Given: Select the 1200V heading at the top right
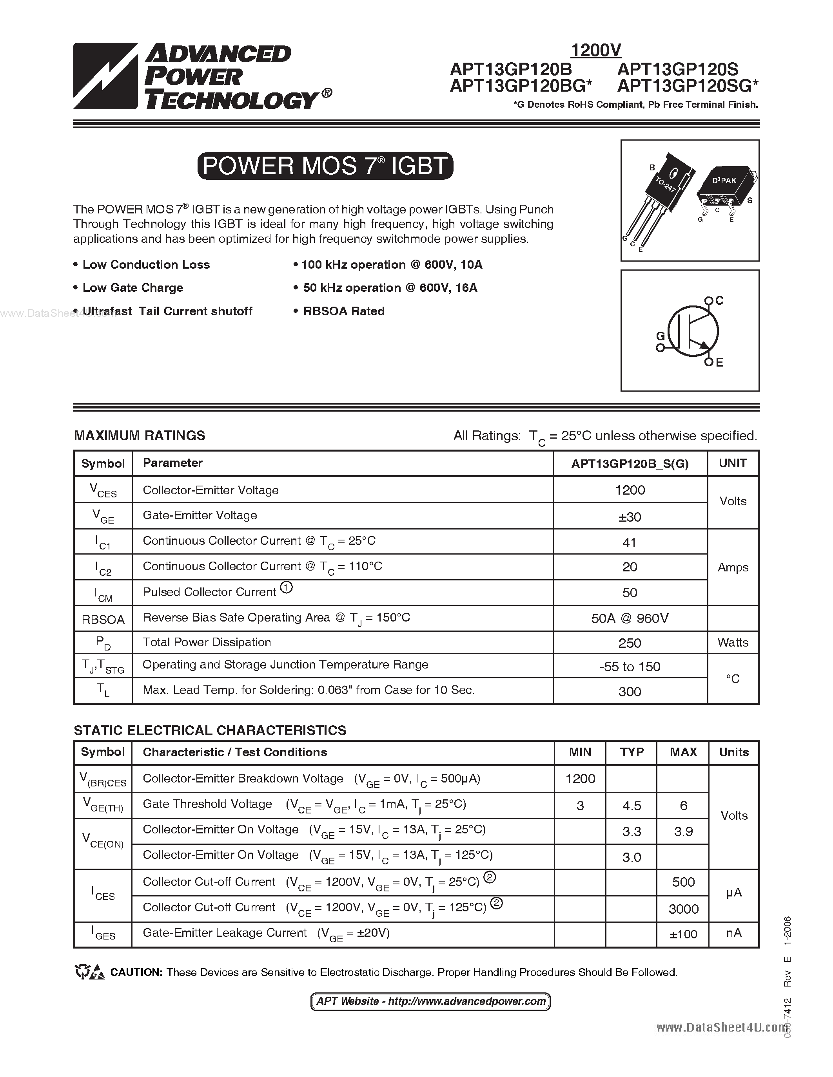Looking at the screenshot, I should (x=595, y=50).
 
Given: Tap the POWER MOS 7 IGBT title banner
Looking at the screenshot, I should (x=325, y=166).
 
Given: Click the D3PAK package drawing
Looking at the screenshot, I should (x=726, y=190).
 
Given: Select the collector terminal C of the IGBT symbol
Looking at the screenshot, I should (x=709, y=300).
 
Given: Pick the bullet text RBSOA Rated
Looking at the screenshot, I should (x=343, y=311).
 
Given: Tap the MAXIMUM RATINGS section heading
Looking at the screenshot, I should (x=140, y=435).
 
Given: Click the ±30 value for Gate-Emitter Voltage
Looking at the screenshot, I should (x=630, y=517).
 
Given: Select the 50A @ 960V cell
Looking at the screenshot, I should (x=630, y=618).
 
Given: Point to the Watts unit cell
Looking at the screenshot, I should (x=733, y=643).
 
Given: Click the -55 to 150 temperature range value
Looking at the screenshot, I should (x=630, y=667).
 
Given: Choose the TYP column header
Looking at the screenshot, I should (x=632, y=752).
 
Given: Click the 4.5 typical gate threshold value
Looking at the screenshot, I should (x=632, y=806).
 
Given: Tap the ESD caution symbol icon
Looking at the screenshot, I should (x=90, y=972).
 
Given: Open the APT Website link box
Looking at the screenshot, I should (x=430, y=1001).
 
